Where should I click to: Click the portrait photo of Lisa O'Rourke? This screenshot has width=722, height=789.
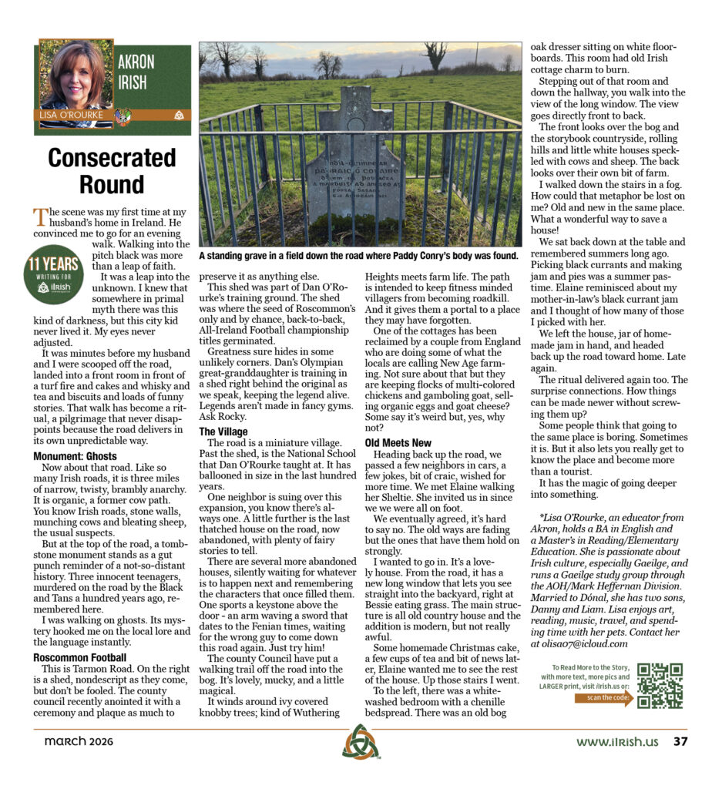click(x=76, y=75)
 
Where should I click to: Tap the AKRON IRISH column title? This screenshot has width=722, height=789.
click(x=136, y=72)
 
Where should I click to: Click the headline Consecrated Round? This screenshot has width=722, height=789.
click(x=112, y=171)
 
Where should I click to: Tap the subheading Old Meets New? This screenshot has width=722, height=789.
click(x=398, y=443)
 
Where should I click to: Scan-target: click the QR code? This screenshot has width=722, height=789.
click(x=660, y=685)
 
